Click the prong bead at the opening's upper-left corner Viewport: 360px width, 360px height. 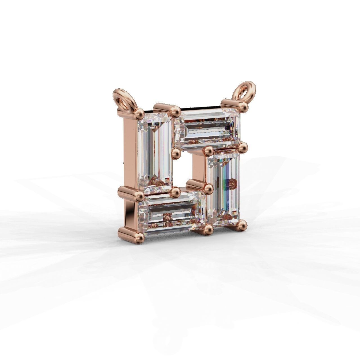click(x=176, y=153)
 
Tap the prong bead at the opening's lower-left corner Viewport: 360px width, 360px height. click(x=176, y=192)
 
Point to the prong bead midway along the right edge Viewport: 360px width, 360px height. click(x=244, y=147)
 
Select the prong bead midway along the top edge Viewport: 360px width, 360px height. click(x=176, y=112)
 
